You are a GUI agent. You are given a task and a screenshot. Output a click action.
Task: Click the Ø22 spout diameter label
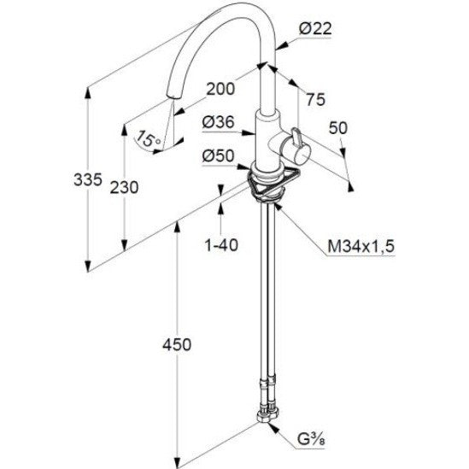tap(315, 29)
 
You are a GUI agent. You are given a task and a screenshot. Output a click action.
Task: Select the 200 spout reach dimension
tap(220, 89)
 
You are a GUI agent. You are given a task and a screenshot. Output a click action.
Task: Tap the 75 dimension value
tap(315, 99)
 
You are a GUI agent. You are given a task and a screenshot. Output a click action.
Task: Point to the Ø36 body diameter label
tap(218, 122)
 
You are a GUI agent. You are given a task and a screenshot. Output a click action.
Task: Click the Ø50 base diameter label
tap(218, 155)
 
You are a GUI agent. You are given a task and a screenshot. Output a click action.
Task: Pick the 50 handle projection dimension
tap(338, 128)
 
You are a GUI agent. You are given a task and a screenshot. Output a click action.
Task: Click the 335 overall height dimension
tap(88, 179)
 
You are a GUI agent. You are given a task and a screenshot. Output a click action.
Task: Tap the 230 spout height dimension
tap(124, 188)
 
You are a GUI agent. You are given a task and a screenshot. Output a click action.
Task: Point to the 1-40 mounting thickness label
tap(221, 244)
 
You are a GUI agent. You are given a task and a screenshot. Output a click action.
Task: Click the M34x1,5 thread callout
tap(361, 247)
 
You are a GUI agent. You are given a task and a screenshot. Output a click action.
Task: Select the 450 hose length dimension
tap(177, 344)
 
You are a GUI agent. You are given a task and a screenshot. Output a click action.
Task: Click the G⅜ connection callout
tap(311, 439)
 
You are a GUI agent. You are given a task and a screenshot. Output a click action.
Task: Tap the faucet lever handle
tap(296, 138)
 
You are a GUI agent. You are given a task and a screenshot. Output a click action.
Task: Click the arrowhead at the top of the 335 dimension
tap(88, 92)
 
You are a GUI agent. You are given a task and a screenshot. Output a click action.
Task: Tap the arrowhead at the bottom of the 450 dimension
tap(177, 461)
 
